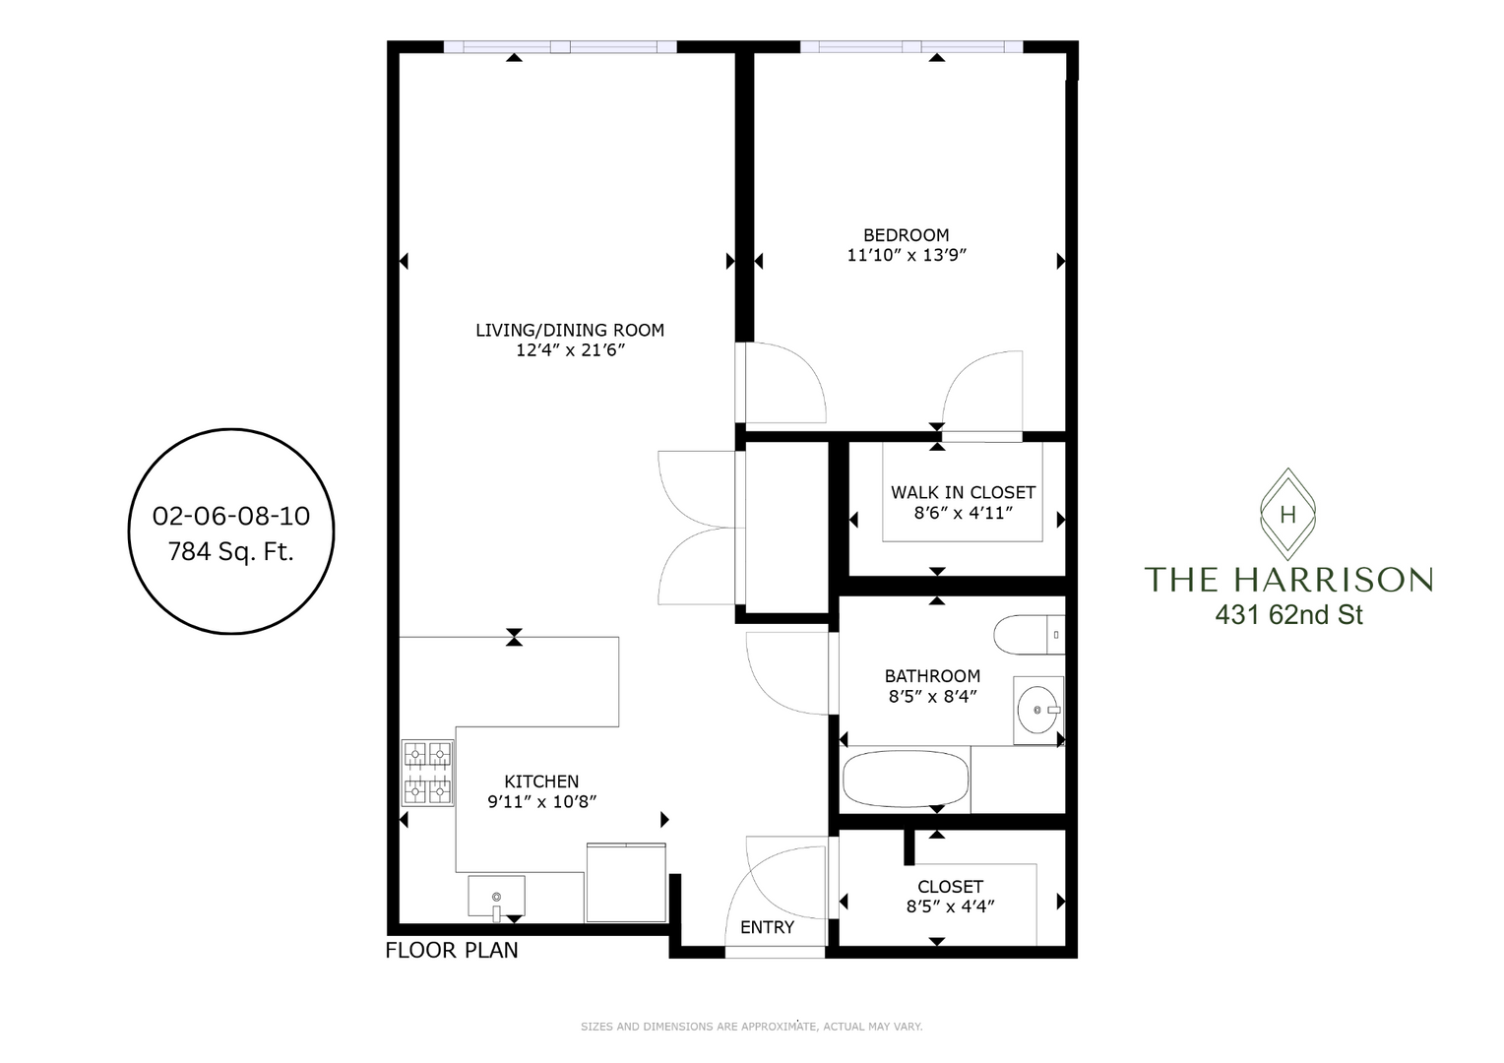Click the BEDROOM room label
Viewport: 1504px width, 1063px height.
(x=906, y=235)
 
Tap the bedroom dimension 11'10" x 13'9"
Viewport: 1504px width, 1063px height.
(x=907, y=256)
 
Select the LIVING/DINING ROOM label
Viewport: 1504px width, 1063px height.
(x=570, y=331)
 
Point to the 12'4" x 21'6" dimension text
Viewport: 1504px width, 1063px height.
(x=571, y=350)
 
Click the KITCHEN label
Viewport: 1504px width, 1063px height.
(x=541, y=782)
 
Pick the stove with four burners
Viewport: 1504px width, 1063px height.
(x=428, y=773)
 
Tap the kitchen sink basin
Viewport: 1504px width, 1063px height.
(x=496, y=897)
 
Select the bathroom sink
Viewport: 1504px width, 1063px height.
(x=1037, y=709)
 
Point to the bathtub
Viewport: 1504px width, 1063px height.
(x=906, y=781)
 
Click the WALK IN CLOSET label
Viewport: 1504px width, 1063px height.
(x=963, y=492)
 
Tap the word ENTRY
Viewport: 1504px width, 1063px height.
(x=767, y=927)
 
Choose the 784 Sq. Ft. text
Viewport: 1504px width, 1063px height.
(x=231, y=552)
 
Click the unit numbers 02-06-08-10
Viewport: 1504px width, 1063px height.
(x=231, y=516)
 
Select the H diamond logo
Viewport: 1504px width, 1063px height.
(x=1287, y=513)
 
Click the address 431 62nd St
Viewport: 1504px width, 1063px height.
(x=1288, y=615)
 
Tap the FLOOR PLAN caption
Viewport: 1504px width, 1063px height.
(x=451, y=951)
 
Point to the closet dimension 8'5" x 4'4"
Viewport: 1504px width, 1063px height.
(x=950, y=907)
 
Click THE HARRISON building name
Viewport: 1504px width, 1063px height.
(x=1287, y=579)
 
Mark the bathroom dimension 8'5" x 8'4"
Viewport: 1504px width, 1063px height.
(x=932, y=696)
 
